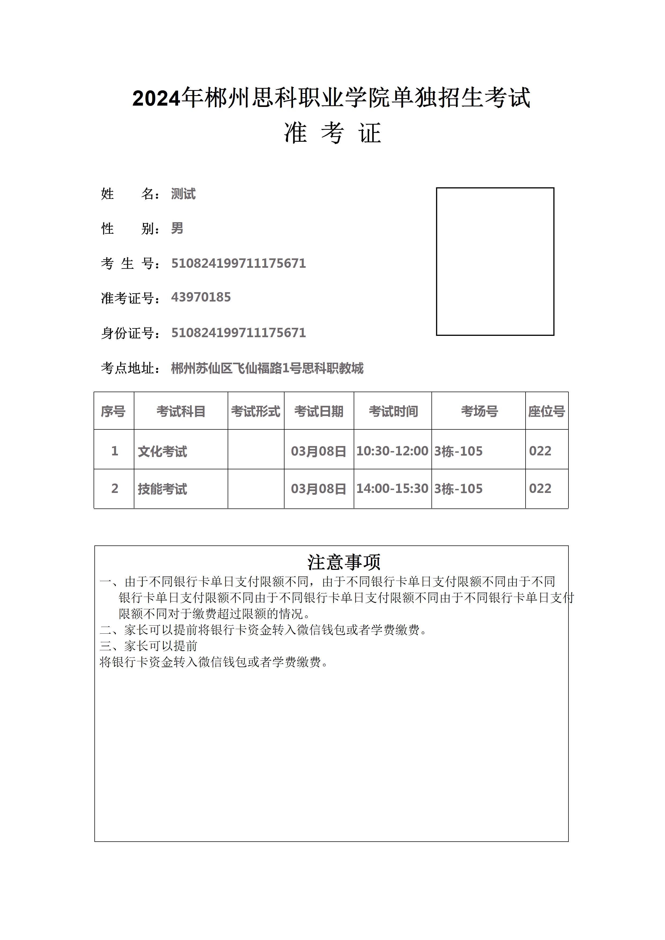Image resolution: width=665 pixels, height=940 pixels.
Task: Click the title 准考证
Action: click(x=332, y=133)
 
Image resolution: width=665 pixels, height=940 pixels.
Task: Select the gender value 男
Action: click(x=177, y=228)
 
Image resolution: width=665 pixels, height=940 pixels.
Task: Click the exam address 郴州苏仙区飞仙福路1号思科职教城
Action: click(x=267, y=369)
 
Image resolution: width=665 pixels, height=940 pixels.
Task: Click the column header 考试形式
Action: click(x=256, y=411)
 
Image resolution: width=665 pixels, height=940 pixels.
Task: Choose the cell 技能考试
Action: click(x=162, y=489)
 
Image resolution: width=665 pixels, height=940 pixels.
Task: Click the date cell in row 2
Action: click(x=319, y=489)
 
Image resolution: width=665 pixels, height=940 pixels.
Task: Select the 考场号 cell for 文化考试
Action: click(x=458, y=451)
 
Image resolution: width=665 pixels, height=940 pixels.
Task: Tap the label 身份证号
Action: click(x=130, y=333)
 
